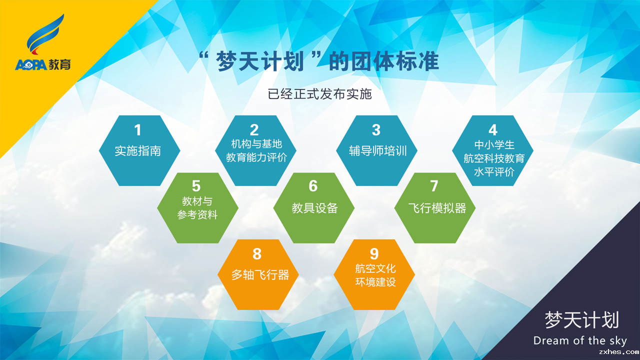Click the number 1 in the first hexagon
pos(137,130)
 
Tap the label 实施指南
pos(137,151)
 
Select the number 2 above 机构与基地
pos(254,130)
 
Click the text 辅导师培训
pos(377,151)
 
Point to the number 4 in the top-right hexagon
pos(493,130)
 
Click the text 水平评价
pos(494,172)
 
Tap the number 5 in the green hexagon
pos(196,186)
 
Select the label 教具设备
pos(314,208)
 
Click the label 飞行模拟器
pos(437,208)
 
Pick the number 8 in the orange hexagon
pos(257,253)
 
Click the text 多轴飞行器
pos(260,275)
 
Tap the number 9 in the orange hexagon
pos(374,253)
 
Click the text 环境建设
pos(375,282)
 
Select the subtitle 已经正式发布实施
pos(319,94)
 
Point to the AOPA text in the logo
pos(31,65)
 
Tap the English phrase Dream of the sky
pos(580,340)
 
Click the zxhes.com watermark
pos(619,351)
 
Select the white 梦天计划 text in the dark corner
pos(581,320)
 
